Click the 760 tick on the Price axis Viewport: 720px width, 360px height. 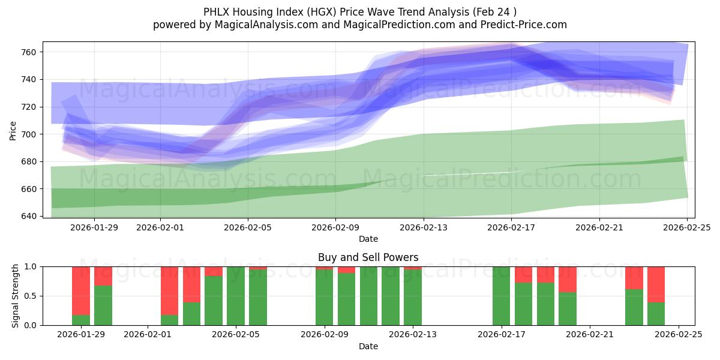tap(29, 52)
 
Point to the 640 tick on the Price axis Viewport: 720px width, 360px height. tap(29, 216)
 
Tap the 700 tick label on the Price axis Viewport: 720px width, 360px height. tap(29, 134)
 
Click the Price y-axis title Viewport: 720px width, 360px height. tap(13, 130)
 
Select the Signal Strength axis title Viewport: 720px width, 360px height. tap(16, 296)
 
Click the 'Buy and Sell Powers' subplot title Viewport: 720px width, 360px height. tap(368, 257)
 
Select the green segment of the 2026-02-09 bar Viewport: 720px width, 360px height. tap(324, 298)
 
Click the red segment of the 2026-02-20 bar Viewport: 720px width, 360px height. tap(568, 279)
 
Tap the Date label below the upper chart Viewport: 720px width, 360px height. tap(368, 239)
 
